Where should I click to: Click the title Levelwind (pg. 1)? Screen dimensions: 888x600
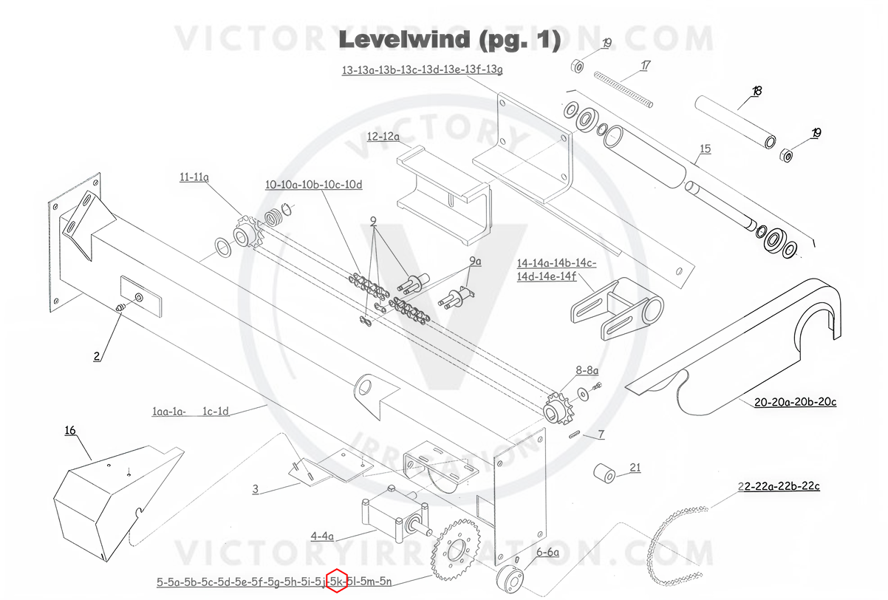(450, 40)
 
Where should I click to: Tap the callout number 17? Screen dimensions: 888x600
(646, 66)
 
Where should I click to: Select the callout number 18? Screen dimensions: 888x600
(756, 91)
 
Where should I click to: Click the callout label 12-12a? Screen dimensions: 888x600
(383, 137)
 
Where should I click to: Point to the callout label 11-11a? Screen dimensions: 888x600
(194, 177)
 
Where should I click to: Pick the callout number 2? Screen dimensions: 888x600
(97, 356)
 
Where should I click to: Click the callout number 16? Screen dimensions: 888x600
(70, 430)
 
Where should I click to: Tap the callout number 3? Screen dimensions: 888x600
(256, 489)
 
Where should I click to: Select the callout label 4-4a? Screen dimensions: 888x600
(322, 536)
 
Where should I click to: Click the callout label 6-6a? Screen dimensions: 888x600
(547, 552)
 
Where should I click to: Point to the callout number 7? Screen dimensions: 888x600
(601, 434)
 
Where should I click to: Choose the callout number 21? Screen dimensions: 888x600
(635, 468)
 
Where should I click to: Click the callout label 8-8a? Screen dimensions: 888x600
(587, 370)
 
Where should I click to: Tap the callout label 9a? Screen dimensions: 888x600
(475, 261)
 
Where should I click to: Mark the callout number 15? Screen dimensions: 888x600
(706, 149)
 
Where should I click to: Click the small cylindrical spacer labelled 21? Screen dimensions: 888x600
(604, 473)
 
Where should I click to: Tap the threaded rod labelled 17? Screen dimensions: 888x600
(624, 89)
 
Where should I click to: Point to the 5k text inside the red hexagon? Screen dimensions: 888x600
(337, 582)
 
